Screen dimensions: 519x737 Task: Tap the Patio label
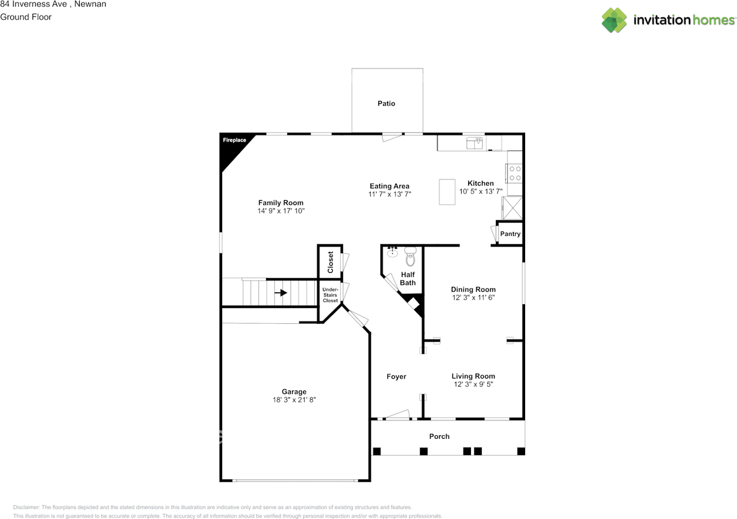[x=386, y=104]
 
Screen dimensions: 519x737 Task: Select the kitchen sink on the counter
[x=475, y=142]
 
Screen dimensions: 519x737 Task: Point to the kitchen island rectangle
[x=447, y=192]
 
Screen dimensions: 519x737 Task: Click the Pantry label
[x=510, y=234]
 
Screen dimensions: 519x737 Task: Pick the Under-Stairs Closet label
[x=330, y=295]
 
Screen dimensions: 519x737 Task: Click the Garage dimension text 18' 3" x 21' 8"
[x=294, y=399]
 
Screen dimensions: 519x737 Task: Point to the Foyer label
[x=396, y=377]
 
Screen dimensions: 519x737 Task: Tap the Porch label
[x=439, y=437]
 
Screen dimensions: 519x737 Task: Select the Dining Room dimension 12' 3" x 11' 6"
[x=473, y=298]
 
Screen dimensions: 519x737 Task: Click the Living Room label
[x=473, y=376]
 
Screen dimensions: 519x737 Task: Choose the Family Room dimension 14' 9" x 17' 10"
[x=281, y=211]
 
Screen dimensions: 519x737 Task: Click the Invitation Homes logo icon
[x=614, y=20]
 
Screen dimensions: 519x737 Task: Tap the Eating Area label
[x=390, y=186]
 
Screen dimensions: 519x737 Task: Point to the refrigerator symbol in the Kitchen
[x=512, y=207]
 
